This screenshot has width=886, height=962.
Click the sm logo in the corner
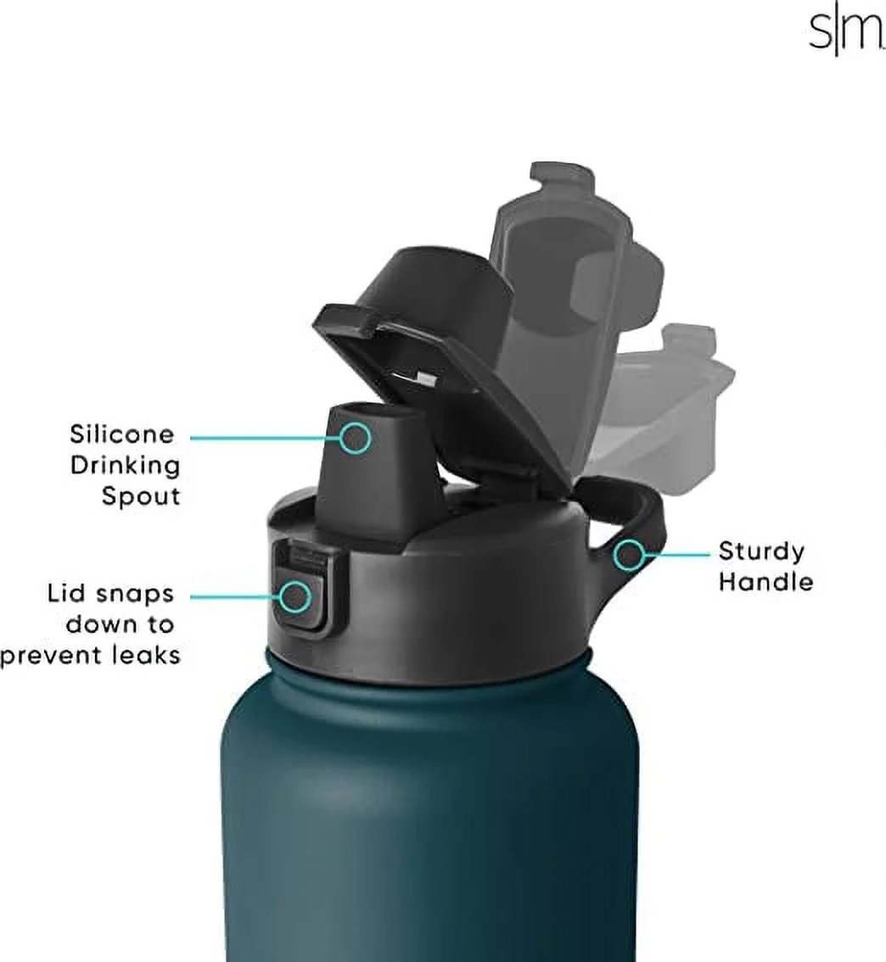tap(833, 34)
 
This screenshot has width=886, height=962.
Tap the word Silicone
tap(121, 434)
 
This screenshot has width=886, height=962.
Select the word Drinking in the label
tap(126, 465)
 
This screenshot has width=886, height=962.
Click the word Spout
tap(141, 495)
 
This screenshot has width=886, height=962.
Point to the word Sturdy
tap(761, 551)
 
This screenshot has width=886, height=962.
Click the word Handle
tap(765, 582)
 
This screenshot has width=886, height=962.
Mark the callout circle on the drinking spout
tap(356, 438)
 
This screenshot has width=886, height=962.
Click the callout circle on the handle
tap(630, 555)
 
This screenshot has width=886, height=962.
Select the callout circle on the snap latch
tap(294, 596)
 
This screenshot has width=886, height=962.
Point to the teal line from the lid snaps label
tap(234, 596)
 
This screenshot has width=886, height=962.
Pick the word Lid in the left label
tap(68, 594)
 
